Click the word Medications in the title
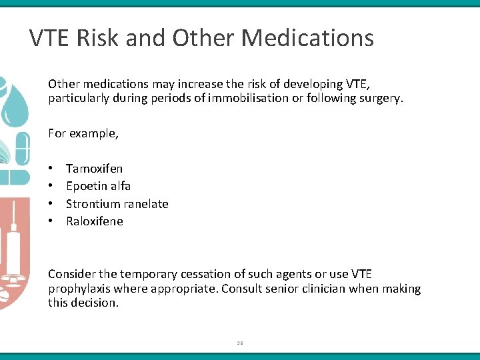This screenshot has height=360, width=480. click(307, 38)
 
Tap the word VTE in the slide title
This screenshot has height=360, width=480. click(50, 38)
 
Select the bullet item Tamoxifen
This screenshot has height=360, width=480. click(94, 169)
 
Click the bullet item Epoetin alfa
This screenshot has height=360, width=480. click(98, 186)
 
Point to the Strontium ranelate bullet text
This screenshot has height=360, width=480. click(117, 204)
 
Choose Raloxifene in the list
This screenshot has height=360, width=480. click(94, 221)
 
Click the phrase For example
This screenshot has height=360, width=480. click(83, 133)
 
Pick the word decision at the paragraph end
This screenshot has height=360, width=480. click(95, 303)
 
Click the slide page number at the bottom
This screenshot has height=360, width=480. click(240, 343)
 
